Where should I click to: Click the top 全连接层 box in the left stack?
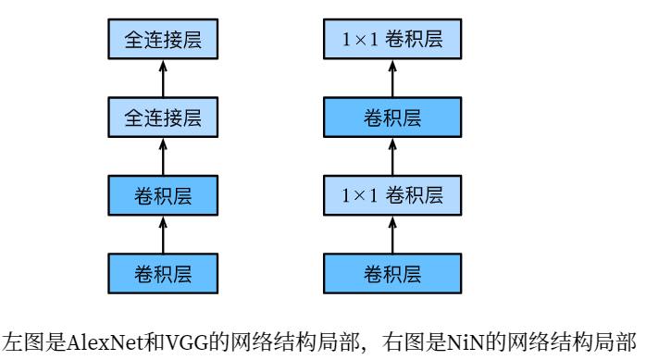[163, 41]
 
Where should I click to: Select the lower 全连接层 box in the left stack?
[163, 118]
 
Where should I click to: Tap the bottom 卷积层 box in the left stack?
[163, 274]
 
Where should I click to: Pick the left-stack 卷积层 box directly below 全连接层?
[163, 196]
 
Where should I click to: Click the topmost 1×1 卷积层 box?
[392, 41]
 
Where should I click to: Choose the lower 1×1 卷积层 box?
[392, 196]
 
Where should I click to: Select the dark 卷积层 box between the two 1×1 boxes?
[392, 118]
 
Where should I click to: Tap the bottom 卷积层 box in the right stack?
[392, 274]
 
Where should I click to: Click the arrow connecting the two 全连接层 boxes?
[163, 80]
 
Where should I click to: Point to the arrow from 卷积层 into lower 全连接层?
[163, 157]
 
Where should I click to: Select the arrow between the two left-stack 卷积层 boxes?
[163, 235]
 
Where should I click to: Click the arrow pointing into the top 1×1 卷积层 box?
[392, 80]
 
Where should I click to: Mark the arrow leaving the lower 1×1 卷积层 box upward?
[392, 157]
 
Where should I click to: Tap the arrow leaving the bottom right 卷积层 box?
[392, 235]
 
